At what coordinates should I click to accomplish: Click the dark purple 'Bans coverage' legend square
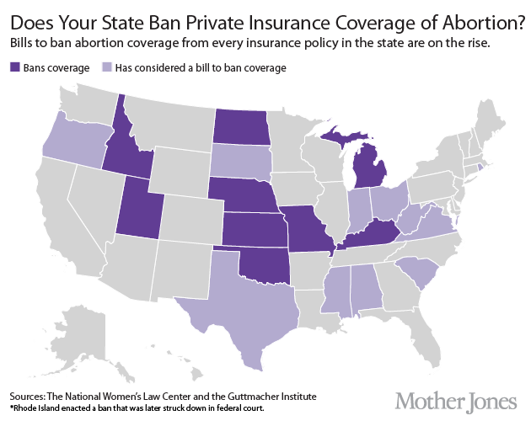(x=15, y=67)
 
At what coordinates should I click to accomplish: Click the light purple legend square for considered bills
(x=106, y=67)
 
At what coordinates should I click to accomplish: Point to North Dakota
(x=240, y=127)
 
